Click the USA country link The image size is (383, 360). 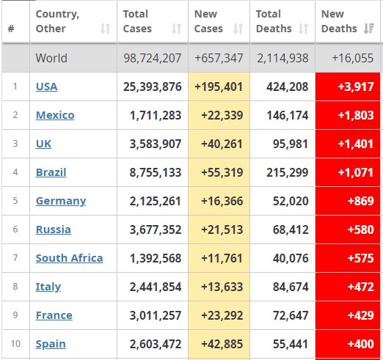coord(46,87)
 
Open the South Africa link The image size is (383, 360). coord(69,258)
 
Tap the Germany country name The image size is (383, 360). coord(61,202)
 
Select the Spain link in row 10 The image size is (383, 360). coord(51,345)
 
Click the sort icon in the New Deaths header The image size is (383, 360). coord(369,29)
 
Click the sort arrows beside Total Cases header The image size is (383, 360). coord(176,29)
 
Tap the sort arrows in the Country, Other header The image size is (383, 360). coord(105,29)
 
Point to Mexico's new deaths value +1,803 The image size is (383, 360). coord(356,115)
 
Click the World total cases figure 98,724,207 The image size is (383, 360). coord(152,58)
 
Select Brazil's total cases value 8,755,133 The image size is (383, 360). coord(156,172)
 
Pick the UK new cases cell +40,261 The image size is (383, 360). coord(222,144)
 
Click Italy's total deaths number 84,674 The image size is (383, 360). coord(291,287)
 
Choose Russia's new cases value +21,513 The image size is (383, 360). coord(222,229)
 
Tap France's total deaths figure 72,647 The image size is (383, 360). coord(291,315)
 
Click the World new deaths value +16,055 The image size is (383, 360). coord(353,58)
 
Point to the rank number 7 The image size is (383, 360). coord(15,258)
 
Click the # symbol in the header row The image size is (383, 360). coord(11,29)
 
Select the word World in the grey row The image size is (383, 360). coord(51,58)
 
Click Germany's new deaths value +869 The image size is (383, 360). coord(361,201)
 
